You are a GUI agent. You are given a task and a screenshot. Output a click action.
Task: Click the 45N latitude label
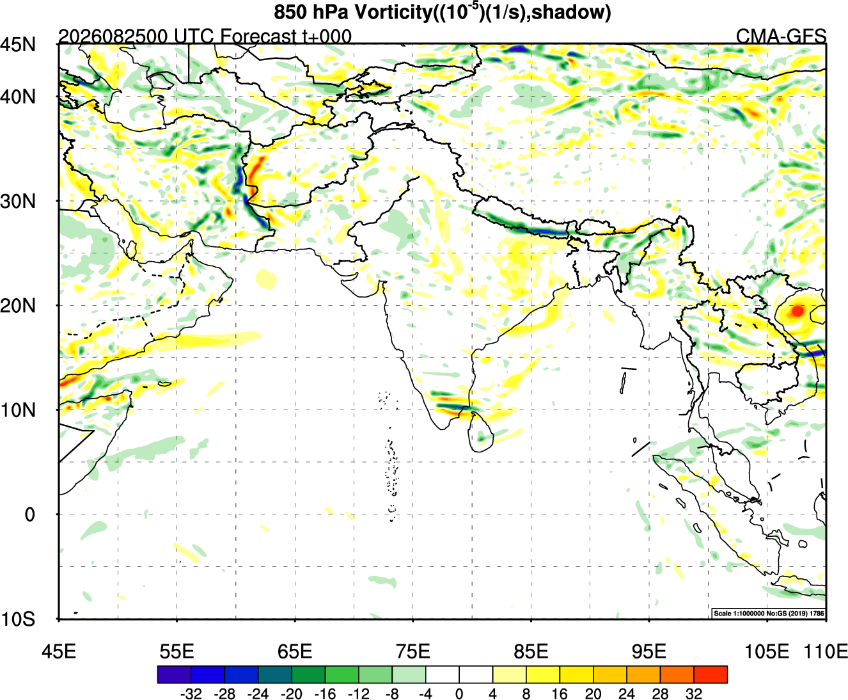click(18, 44)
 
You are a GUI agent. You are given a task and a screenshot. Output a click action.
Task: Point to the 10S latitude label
click(18, 619)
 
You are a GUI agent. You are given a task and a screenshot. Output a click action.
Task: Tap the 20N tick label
click(18, 305)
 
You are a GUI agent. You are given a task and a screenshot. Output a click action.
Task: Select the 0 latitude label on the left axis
click(29, 514)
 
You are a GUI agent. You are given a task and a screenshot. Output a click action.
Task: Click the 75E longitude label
click(413, 651)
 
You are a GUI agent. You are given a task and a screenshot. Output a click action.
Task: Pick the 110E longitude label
click(826, 651)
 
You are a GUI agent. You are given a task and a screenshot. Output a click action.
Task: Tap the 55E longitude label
click(177, 651)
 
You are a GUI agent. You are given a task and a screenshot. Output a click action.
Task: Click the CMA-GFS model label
click(781, 36)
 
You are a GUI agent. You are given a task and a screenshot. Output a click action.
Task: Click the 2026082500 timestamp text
click(113, 36)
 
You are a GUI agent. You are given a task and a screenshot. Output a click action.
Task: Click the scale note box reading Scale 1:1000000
click(769, 613)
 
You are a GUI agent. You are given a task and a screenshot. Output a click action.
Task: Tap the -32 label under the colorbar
click(191, 694)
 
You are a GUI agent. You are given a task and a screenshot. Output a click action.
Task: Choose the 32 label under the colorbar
click(694, 694)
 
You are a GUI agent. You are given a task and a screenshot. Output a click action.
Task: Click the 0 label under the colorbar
click(459, 694)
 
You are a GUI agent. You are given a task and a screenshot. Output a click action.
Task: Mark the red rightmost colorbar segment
click(711, 674)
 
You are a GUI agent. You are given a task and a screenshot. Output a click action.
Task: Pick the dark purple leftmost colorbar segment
click(174, 674)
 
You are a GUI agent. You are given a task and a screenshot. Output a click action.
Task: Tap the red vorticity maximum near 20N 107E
click(797, 311)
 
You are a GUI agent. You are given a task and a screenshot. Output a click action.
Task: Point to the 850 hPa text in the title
click(311, 12)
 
